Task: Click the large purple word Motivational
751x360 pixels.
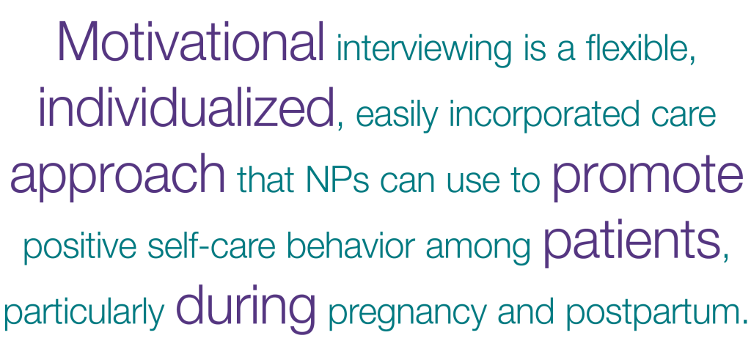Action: tap(191, 42)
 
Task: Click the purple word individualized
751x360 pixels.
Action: tap(186, 107)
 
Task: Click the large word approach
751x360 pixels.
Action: tap(117, 176)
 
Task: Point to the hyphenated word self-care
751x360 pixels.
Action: tap(212, 245)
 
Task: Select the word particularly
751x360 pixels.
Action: tap(84, 313)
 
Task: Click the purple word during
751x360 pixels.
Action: tap(246, 308)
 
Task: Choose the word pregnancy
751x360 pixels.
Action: tap(408, 315)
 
